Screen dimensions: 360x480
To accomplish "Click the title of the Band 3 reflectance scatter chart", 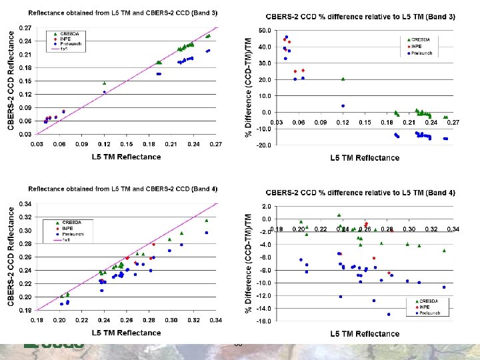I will [123, 13].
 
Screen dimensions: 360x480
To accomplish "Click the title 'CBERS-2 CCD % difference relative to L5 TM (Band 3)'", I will [361, 16].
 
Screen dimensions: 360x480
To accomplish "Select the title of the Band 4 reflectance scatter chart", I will [123, 189].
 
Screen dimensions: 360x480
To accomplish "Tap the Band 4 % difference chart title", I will [361, 193].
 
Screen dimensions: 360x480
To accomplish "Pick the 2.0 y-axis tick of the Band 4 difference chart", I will [265, 207].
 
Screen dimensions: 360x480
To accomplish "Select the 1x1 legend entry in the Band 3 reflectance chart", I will [65, 49].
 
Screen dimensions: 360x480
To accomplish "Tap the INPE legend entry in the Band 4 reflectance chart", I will [66, 228].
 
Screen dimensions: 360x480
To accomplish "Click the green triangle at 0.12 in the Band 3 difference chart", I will [343, 79].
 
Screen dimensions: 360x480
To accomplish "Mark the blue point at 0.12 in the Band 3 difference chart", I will [343, 105].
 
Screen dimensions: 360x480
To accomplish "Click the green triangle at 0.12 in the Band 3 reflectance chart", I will [104, 83].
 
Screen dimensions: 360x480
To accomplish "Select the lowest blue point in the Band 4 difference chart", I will [389, 314].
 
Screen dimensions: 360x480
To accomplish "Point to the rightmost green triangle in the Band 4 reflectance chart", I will [207, 220].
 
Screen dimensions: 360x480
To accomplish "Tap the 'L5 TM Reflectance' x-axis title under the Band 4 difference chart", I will [365, 333].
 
